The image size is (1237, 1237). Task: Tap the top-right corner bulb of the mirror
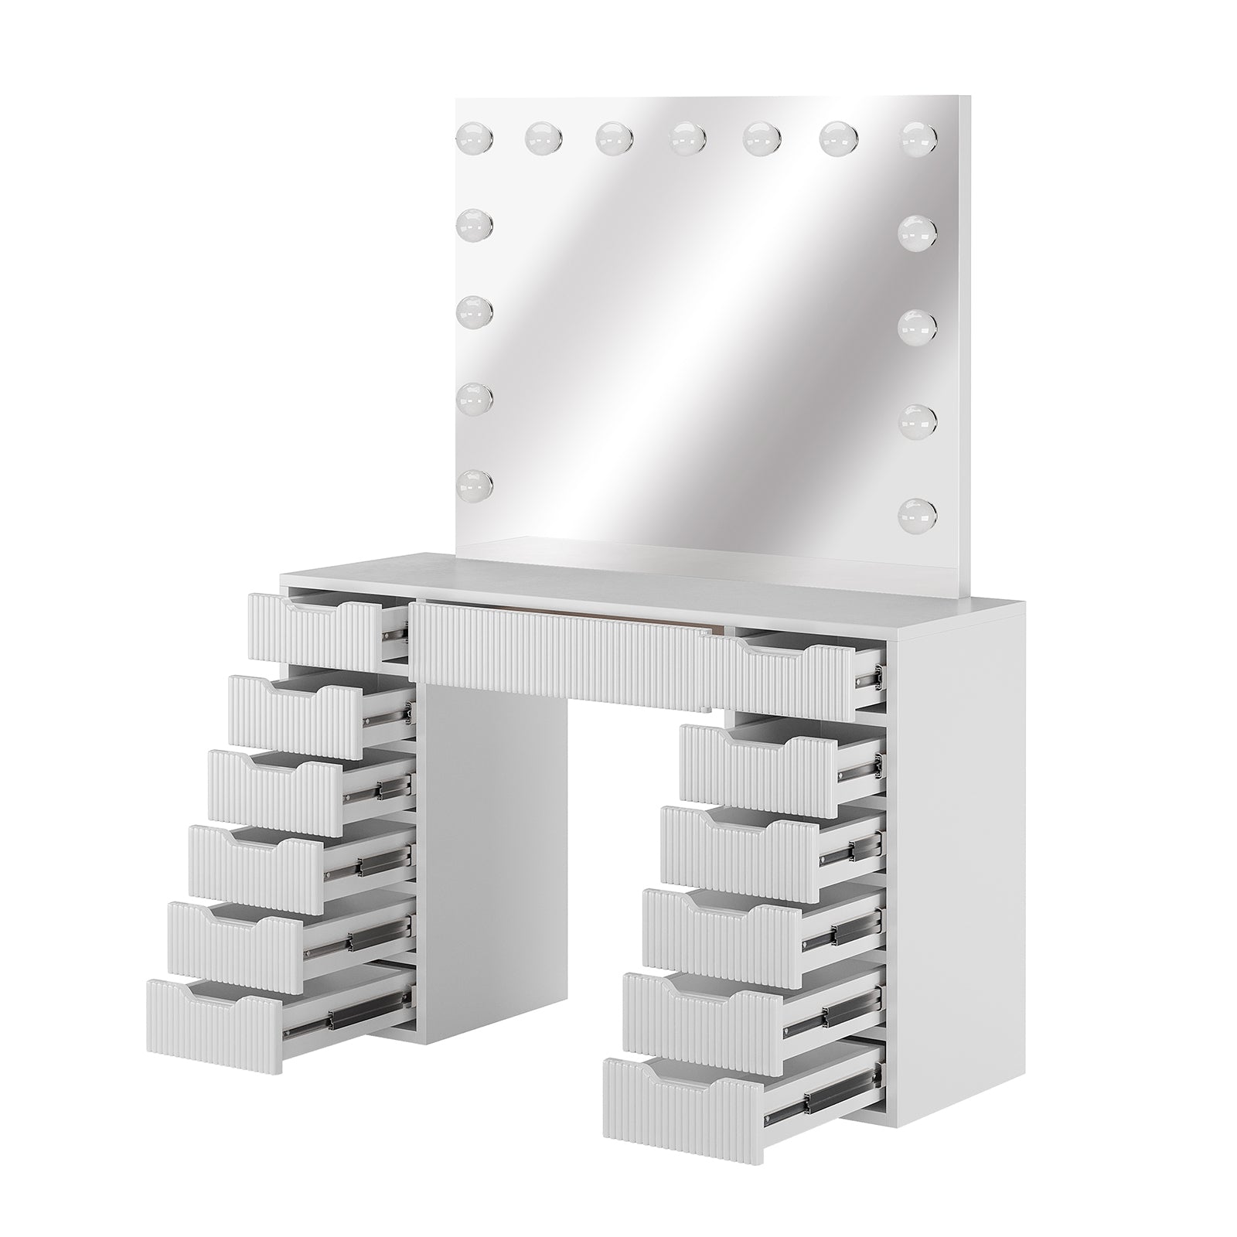click(918, 137)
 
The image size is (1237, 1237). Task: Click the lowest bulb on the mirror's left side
click(475, 483)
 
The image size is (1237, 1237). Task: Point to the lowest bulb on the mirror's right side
click(918, 511)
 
